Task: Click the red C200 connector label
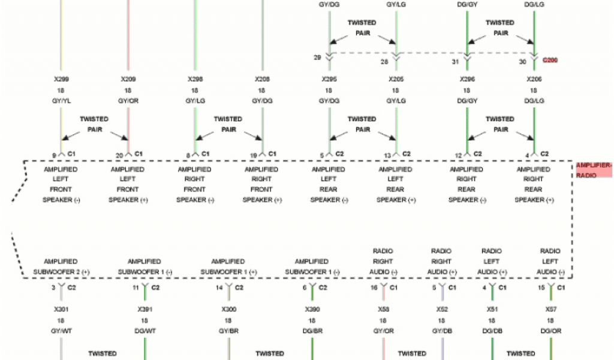tap(550, 61)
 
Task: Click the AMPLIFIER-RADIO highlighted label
tap(594, 170)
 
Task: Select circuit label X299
tap(61, 79)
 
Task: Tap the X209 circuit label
tap(128, 79)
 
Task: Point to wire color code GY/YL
tap(61, 101)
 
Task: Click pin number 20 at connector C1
tap(119, 155)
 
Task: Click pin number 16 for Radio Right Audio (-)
tap(374, 288)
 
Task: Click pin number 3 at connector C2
tap(53, 288)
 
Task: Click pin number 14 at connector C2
tap(220, 288)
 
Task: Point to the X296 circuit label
tap(466, 79)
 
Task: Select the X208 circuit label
tap(262, 79)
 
